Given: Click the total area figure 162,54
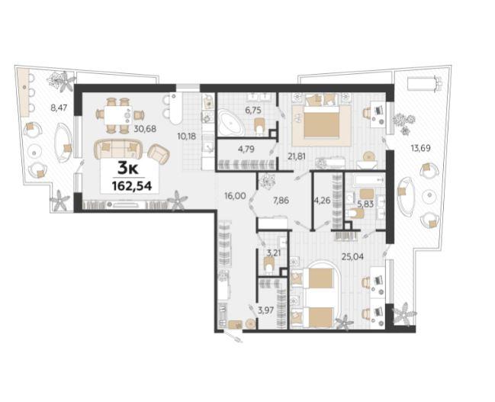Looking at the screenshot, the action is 132,186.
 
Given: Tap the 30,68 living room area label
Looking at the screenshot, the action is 145,128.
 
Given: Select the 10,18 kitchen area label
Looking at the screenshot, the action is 187,137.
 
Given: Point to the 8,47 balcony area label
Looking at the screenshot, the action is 59,108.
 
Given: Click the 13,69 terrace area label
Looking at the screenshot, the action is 421,147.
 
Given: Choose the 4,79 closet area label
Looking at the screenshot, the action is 246,148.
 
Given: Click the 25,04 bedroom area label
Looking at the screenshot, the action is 353,257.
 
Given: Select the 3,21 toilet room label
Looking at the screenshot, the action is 274,252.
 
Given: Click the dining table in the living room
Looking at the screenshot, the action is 117,115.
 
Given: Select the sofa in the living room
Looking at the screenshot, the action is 118,149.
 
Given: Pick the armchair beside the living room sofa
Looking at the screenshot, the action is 159,154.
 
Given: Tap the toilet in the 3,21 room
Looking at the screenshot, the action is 268,265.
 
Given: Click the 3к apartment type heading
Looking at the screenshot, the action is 128,169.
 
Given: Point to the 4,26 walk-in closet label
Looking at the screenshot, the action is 321,201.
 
